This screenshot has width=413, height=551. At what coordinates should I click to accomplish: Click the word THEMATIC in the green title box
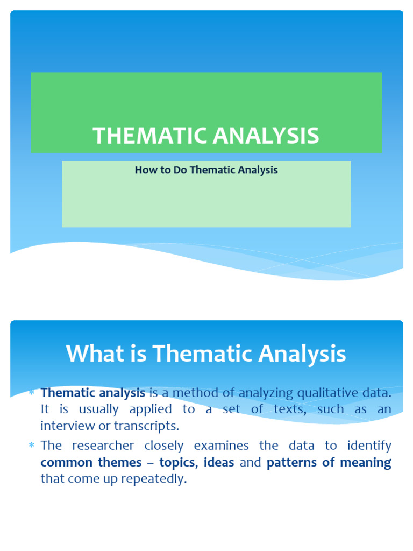click(x=149, y=135)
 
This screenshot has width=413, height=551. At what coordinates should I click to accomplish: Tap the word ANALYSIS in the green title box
click(x=266, y=135)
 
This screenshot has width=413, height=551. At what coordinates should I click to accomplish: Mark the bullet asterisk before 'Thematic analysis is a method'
click(x=32, y=392)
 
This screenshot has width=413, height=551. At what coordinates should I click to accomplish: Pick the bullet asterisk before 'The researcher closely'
click(x=32, y=446)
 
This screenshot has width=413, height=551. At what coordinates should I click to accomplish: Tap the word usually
click(x=99, y=409)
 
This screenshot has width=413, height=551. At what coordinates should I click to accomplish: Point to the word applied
click(x=151, y=409)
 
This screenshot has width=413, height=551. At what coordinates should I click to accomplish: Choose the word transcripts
click(x=146, y=427)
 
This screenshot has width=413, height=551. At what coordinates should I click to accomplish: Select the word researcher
click(x=103, y=446)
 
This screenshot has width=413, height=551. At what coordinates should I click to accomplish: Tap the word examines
click(x=221, y=446)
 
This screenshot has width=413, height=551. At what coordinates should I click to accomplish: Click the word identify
click(x=369, y=446)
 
